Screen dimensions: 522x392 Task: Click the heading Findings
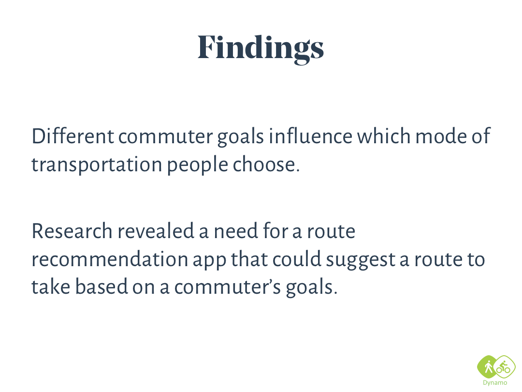click(x=261, y=48)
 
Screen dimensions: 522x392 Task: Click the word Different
click(x=72, y=136)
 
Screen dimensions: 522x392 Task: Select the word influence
click(x=310, y=136)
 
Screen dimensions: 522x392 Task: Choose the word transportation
click(x=97, y=165)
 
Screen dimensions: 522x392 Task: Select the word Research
click(x=72, y=231)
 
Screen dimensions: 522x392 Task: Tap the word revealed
click(x=156, y=231)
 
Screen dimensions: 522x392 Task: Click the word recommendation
click(x=110, y=259)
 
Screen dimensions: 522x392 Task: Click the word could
click(x=297, y=259)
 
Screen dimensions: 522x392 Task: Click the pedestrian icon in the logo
click(x=488, y=367)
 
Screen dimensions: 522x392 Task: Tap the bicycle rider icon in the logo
click(x=503, y=367)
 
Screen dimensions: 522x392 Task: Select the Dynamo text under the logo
click(x=495, y=383)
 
